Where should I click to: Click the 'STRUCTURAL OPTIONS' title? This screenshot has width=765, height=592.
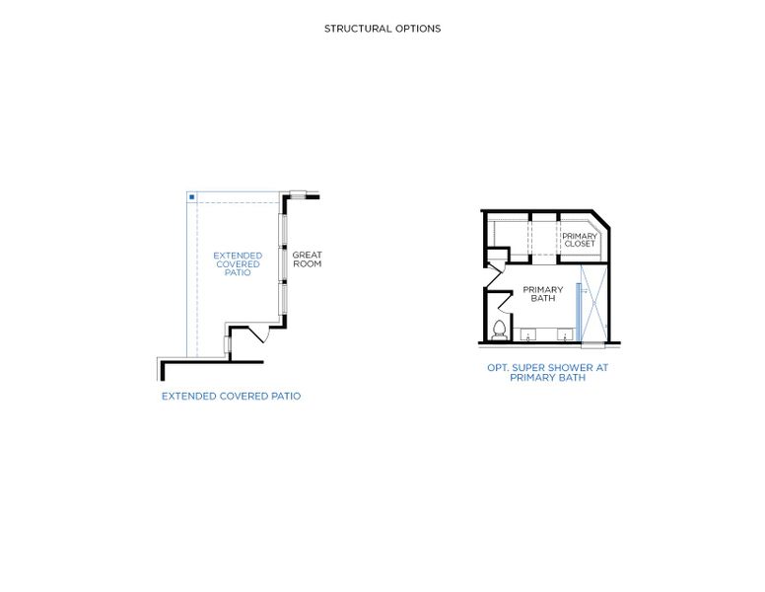click(x=382, y=29)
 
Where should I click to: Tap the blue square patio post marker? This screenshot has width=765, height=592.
click(x=191, y=197)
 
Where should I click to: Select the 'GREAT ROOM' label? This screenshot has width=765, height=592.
click(x=307, y=259)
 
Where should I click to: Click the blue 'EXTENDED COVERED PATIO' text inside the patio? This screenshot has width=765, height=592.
click(x=238, y=263)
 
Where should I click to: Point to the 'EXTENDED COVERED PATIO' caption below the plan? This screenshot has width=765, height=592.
click(x=232, y=396)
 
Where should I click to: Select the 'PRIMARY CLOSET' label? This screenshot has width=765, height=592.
click(x=580, y=240)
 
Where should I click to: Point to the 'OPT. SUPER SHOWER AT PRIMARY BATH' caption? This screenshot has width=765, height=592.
click(x=548, y=372)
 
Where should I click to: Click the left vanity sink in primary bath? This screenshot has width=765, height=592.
click(x=527, y=335)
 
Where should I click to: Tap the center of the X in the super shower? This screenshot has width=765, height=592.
click(x=594, y=295)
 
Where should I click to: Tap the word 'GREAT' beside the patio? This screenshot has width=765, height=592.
click(x=307, y=255)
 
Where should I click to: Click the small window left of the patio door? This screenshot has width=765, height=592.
click(x=228, y=344)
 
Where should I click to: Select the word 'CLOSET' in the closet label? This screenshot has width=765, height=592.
click(x=580, y=244)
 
